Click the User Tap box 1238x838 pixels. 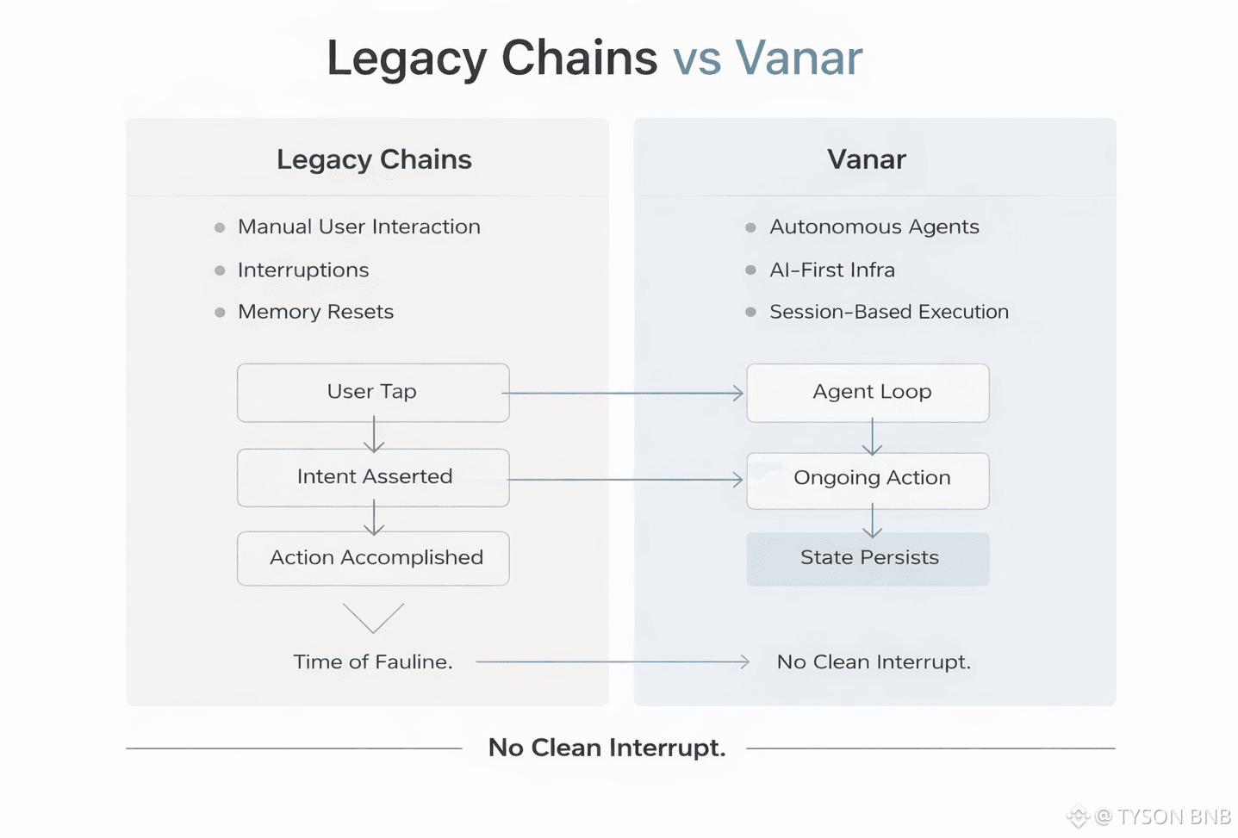[x=373, y=393]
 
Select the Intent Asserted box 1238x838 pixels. [x=373, y=477]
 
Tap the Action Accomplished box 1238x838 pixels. [x=373, y=558]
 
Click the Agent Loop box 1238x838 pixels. [x=868, y=393]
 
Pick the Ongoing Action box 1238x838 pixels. [x=868, y=480]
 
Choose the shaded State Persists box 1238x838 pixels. [x=868, y=558]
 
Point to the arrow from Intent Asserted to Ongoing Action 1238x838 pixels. [x=625, y=480]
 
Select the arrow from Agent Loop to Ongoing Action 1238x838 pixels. [x=873, y=437]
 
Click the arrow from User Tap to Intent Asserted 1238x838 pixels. [x=374, y=434]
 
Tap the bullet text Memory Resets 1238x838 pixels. [x=315, y=312]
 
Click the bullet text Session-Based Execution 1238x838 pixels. [x=888, y=312]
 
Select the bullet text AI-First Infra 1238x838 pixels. [x=831, y=270]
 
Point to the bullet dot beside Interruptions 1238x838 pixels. [x=220, y=270]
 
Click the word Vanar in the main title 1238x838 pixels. [x=798, y=59]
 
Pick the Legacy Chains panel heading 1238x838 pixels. [x=374, y=159]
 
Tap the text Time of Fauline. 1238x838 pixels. [x=372, y=661]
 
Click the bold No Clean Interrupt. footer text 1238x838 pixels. [x=607, y=748]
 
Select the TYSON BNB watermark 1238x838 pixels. [x=1163, y=816]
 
